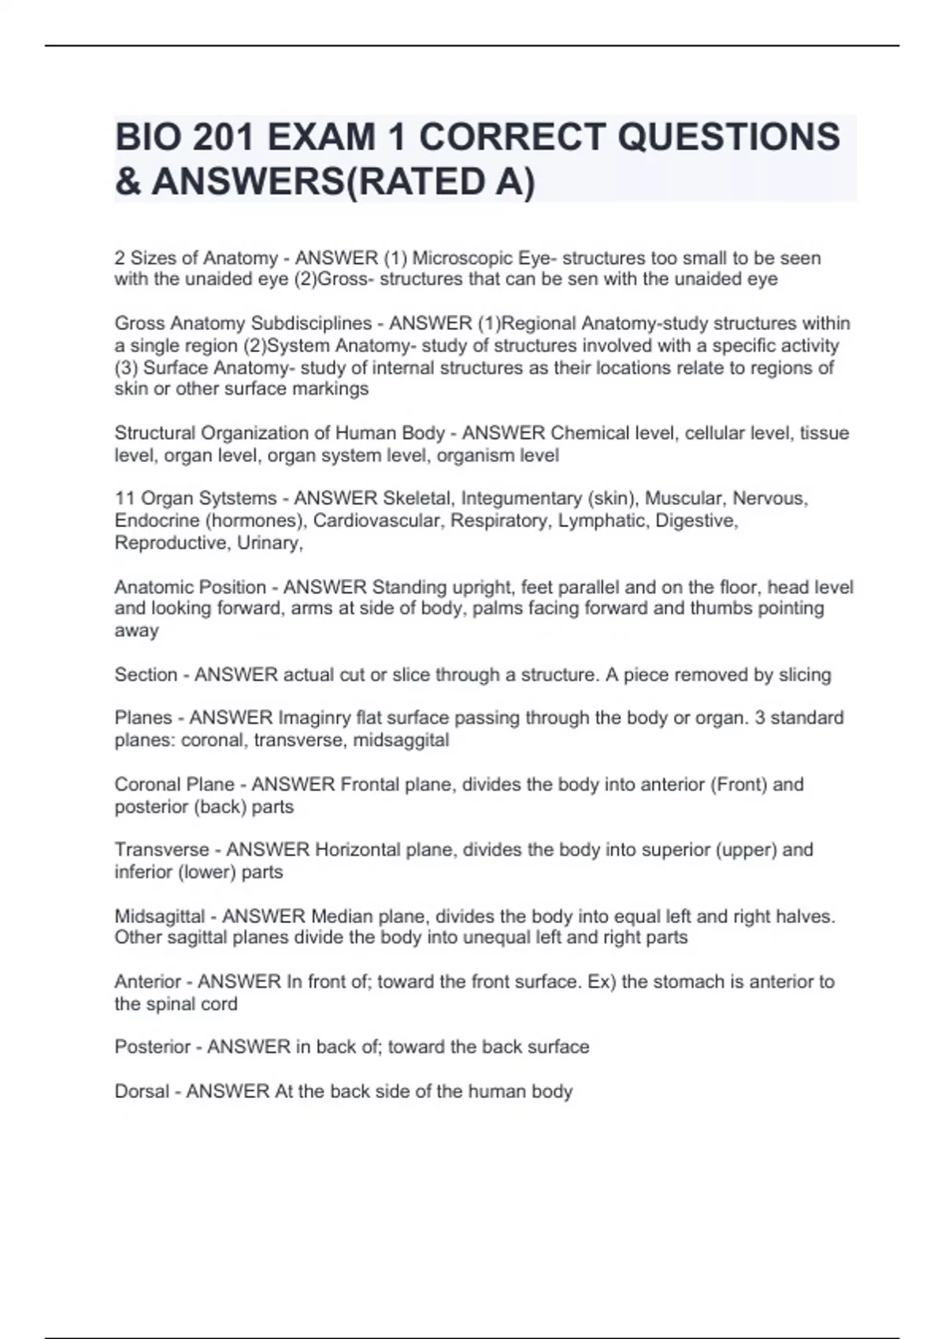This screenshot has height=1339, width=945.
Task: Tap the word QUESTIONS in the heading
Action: click(728, 137)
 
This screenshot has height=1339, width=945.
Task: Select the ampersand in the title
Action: click(128, 181)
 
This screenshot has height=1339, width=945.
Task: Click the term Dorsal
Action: click(142, 1092)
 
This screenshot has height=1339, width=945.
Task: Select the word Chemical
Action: click(591, 433)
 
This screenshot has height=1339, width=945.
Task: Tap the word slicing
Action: click(805, 675)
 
